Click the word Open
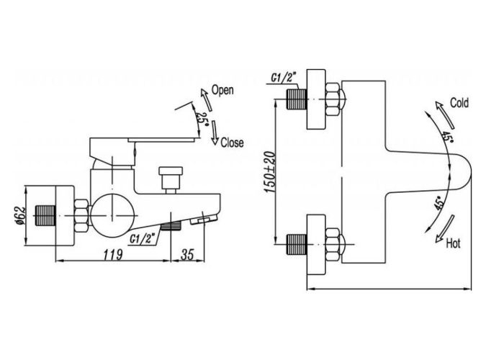tap(222, 90)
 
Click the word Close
tap(232, 143)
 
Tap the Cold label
tap(459, 103)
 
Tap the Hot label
tap(453, 243)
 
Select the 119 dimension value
tap(113, 255)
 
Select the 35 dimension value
tap(187, 255)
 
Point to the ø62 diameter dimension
tap(19, 215)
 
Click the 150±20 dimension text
tap(270, 172)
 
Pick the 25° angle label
tap(202, 119)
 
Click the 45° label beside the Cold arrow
tap(446, 136)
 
